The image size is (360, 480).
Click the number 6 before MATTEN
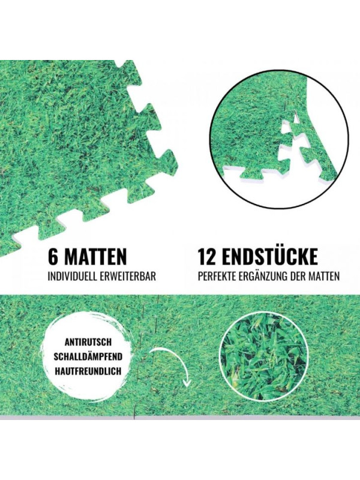point(53,257)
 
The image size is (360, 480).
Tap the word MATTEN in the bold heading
point(95,257)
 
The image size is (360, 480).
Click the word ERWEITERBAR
point(128,277)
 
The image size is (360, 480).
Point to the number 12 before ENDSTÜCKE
point(207,257)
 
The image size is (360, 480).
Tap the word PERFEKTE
point(215,277)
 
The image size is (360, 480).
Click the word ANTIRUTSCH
point(88,341)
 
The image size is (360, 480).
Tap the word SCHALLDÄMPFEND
point(88,356)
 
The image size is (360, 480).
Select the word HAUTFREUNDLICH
point(88,371)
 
